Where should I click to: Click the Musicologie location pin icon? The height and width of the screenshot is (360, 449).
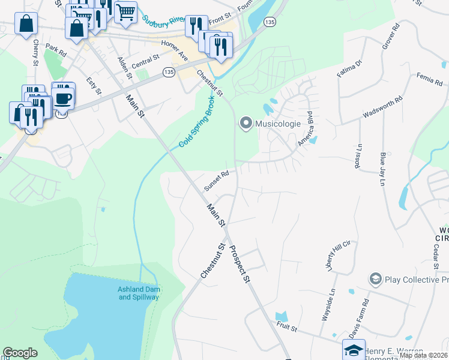click(246, 124)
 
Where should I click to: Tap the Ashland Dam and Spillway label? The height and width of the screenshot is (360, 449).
click(138, 293)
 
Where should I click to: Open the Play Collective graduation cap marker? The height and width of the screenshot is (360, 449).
click(376, 279)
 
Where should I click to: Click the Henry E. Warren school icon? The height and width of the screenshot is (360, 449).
click(354, 350)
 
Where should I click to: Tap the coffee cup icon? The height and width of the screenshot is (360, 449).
click(63, 97)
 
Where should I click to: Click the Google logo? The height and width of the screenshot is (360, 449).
click(20, 353)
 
